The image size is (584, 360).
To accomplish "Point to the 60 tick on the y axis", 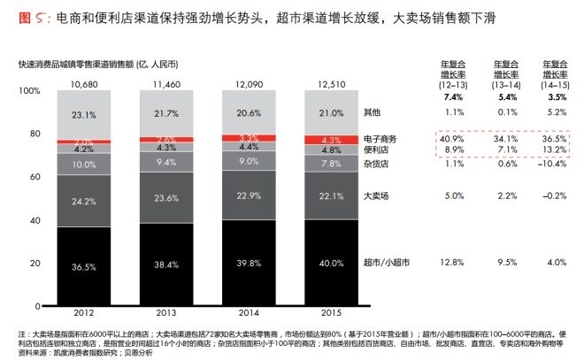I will point(36,177).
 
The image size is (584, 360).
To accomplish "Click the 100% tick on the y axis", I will point(31,91).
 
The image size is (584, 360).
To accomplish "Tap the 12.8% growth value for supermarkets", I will point(454,262).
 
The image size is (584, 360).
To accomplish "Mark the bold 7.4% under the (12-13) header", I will point(454,96).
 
